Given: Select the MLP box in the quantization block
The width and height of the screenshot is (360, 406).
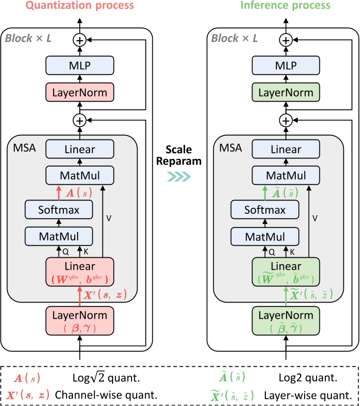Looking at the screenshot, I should (80, 66).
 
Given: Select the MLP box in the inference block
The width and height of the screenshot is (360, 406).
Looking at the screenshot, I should (287, 66).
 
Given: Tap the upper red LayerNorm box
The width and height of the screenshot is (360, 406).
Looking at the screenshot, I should (80, 92).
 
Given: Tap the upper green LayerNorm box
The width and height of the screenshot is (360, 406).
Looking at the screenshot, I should (287, 92).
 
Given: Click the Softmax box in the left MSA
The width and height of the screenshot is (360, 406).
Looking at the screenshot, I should (59, 210).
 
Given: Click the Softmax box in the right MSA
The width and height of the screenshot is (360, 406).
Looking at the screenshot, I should (266, 210).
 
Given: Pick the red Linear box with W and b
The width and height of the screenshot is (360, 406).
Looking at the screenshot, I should (80, 272).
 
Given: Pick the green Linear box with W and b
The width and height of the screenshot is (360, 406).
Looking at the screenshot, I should (287, 272).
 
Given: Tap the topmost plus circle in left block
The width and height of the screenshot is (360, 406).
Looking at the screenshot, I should (80, 40).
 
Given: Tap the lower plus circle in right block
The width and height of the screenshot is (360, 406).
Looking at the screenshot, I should (287, 121).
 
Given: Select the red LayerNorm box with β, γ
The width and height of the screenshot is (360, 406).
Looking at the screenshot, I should (80, 321).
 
